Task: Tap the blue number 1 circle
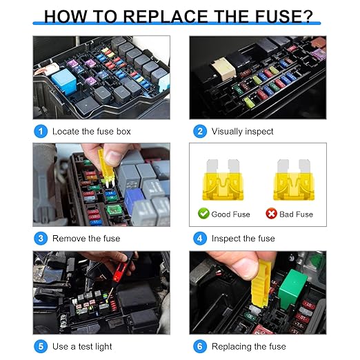42,131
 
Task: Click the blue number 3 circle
42,239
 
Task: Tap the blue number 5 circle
42,346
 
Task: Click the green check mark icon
203,214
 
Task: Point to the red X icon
271,214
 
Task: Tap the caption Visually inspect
242,131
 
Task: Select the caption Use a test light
82,346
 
